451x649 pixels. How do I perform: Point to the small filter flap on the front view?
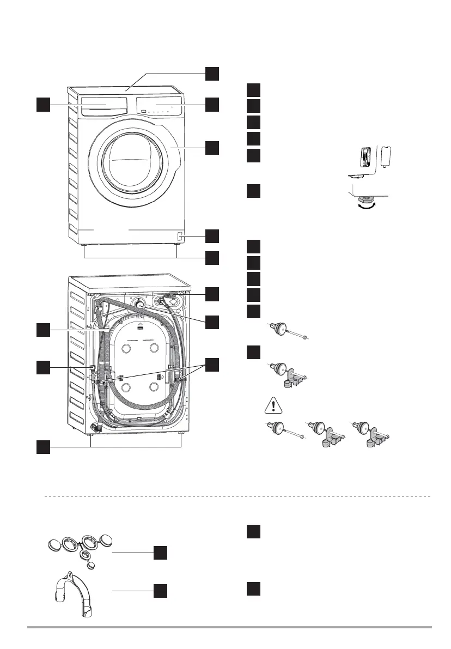pyautogui.click(x=179, y=237)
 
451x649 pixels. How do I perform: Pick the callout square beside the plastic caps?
pyautogui.click(x=160, y=553)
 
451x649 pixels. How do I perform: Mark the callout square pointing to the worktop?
pyautogui.click(x=212, y=74)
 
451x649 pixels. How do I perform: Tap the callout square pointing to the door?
pyautogui.click(x=212, y=147)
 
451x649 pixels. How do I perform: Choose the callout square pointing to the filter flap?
pyautogui.click(x=212, y=236)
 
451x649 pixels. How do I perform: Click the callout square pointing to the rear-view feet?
pyautogui.click(x=43, y=447)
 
